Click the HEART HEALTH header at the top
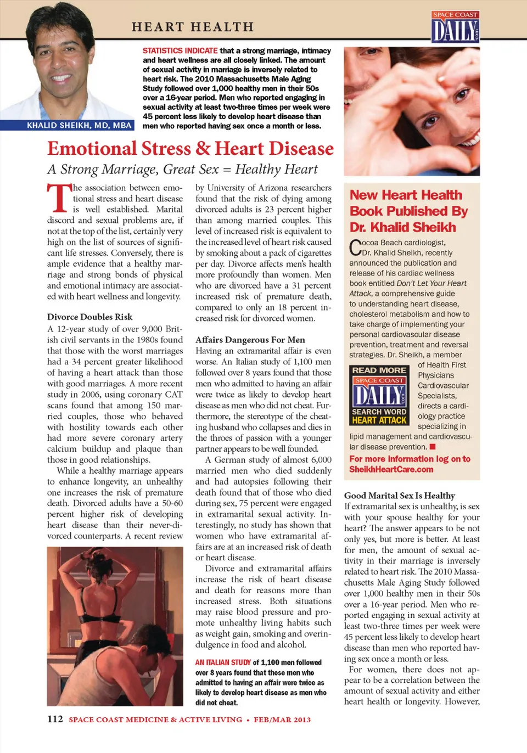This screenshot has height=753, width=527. point(193,26)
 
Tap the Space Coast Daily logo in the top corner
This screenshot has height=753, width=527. point(455,27)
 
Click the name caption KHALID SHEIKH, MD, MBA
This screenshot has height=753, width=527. point(79,125)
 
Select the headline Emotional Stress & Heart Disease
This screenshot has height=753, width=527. point(190,149)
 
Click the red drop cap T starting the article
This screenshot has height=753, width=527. point(59,198)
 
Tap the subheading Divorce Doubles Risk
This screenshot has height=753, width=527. point(89,317)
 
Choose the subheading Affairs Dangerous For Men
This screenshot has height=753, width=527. point(250,340)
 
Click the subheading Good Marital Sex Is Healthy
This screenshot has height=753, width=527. point(399,495)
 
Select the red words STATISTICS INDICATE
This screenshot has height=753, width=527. point(180,50)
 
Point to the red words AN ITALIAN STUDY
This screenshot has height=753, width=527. point(223,662)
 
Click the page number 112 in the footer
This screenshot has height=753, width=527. point(55,719)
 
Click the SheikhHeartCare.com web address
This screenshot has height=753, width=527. point(391,469)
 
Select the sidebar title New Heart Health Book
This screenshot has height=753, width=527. point(408,211)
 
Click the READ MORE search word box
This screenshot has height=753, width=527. point(379,395)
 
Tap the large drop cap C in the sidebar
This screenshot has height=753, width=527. point(355,248)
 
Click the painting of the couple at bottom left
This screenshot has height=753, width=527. point(115,626)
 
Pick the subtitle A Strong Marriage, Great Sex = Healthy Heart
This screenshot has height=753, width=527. point(182,170)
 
